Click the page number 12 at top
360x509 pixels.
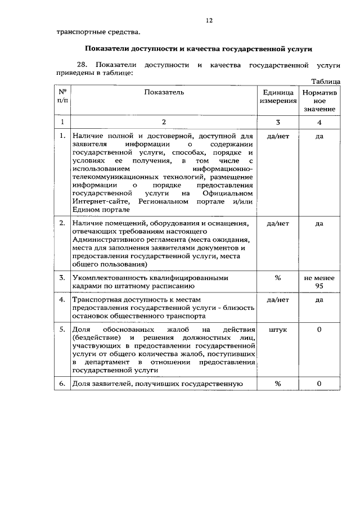pos(209,20)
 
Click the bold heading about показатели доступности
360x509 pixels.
pos(198,48)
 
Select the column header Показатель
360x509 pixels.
pos(164,91)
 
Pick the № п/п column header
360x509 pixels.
pos(62,96)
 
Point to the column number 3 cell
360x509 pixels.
pos(277,121)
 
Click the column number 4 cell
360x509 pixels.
pos(319,121)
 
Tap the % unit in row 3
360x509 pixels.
pos(277,278)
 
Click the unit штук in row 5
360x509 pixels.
pos(277,330)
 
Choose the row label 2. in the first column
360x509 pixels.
pos(62,223)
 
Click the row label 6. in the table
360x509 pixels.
pos(62,384)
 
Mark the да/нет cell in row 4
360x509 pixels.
pos(277,300)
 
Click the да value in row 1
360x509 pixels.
pos(319,136)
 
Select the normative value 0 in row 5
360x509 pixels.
pos(319,330)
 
